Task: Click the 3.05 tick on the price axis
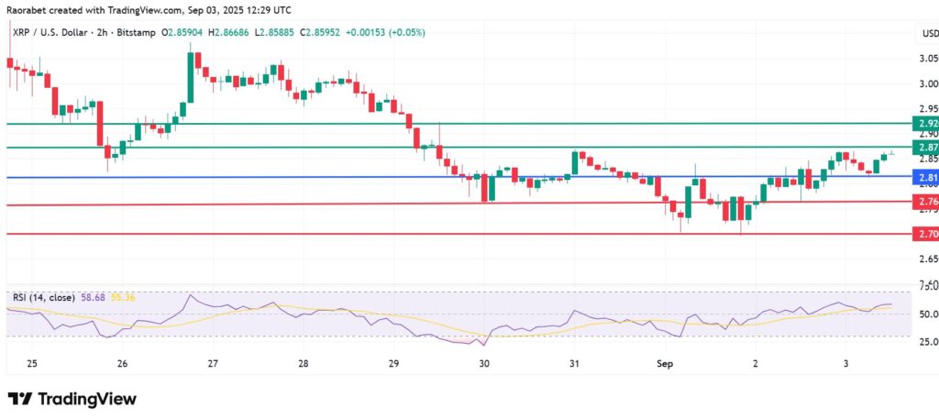[927, 60]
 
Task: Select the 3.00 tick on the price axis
[927, 83]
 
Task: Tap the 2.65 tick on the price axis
[927, 260]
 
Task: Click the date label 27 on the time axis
[212, 364]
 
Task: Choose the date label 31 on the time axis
[574, 364]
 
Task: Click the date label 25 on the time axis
[31, 364]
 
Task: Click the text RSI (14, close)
[44, 297]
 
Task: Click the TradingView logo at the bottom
[72, 399]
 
